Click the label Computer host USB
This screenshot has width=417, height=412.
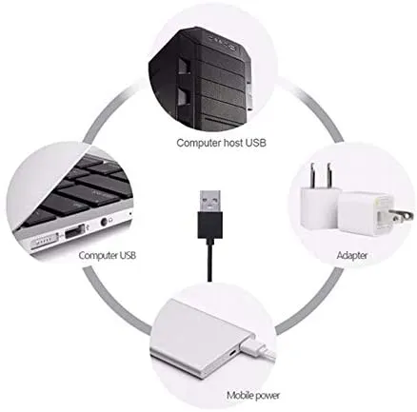221,143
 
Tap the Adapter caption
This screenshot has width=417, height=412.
352,255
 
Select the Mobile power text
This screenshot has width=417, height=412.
253,396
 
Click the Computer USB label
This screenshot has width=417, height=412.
108,255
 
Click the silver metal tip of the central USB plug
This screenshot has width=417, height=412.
210,202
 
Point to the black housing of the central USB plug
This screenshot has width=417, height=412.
210,226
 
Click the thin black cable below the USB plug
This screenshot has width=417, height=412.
210,260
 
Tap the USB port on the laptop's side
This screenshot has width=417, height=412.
75,231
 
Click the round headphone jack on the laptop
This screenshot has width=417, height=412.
104,222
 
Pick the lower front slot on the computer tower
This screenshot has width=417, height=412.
183,96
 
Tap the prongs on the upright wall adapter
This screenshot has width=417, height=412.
320,175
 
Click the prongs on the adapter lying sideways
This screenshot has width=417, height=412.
402,217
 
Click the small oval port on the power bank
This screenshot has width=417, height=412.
232,352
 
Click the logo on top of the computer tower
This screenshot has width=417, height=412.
223,43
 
